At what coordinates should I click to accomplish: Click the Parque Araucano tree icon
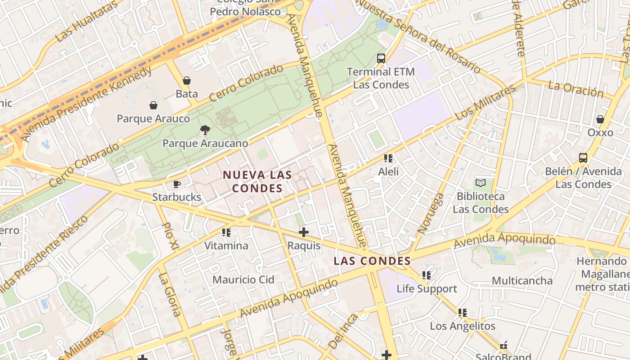coord(205,130)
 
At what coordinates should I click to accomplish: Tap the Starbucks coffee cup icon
coord(177,184)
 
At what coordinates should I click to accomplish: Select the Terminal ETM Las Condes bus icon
coord(381,58)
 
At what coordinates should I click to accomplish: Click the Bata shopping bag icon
coord(187,81)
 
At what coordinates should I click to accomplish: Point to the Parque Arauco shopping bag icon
coord(153,105)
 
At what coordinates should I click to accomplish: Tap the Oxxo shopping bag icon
coord(600,119)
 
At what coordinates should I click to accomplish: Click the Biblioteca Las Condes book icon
coord(481,183)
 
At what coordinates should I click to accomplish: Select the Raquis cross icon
coord(304,232)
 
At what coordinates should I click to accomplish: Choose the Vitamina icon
coord(226,232)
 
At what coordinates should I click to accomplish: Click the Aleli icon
coord(388,158)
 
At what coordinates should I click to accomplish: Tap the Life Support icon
coord(426,275)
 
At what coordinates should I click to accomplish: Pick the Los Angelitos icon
coord(463,312)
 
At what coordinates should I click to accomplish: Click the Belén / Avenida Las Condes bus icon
coord(583,158)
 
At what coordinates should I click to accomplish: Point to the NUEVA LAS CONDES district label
coord(257,181)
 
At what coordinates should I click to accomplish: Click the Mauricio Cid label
coord(243,279)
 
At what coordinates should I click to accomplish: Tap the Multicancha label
coord(522,281)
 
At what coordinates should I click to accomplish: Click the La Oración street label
coord(576,89)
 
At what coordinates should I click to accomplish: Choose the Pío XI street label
coord(170,236)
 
